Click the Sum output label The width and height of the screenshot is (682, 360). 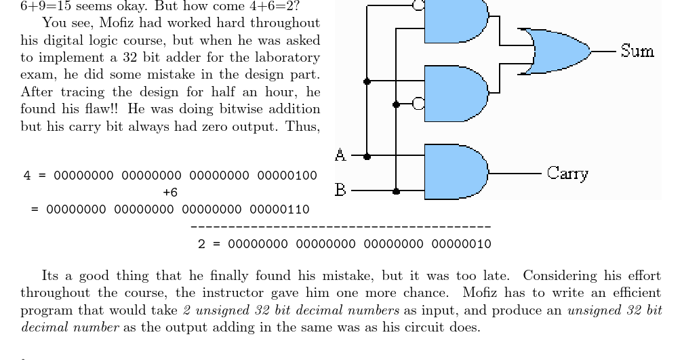(x=637, y=51)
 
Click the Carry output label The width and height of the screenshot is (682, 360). (x=567, y=174)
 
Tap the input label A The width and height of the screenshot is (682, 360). (x=341, y=155)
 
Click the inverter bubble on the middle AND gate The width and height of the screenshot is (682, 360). (x=418, y=104)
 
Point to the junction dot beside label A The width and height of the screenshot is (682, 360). (x=367, y=156)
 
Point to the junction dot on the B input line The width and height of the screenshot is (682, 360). (x=396, y=191)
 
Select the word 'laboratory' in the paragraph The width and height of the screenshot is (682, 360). (x=288, y=58)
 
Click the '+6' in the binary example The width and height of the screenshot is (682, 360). (x=170, y=193)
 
